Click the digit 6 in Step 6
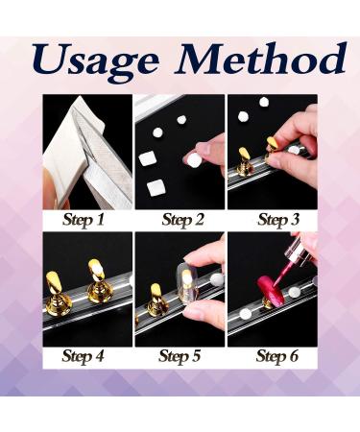click(292, 356)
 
